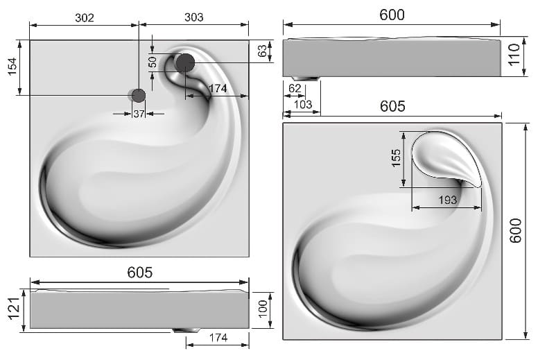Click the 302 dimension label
[x=85, y=18]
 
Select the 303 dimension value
[x=194, y=17]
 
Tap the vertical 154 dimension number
[x=12, y=67]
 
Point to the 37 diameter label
[x=139, y=114]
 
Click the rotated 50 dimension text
[x=153, y=62]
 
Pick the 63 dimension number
[x=262, y=51]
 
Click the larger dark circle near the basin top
[x=186, y=62]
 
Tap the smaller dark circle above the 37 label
[x=138, y=96]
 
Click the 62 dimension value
[x=295, y=89]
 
